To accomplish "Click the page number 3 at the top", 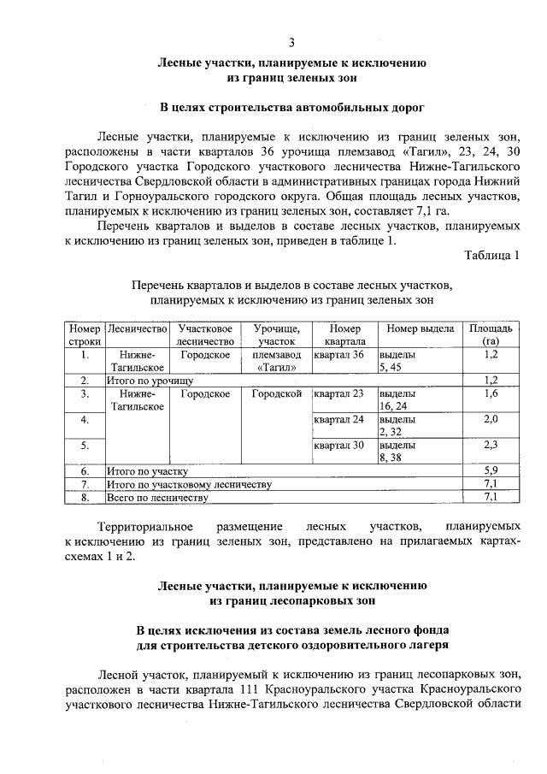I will (291, 43).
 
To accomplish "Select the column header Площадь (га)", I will (491, 334).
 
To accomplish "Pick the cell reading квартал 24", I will (339, 419).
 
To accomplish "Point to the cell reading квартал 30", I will (339, 445).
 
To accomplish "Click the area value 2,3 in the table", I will (491, 445).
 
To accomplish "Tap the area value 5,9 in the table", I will (491, 470).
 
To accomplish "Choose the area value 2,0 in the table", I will (491, 419).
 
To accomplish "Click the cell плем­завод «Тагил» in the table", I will (277, 360).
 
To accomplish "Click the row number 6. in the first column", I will (85, 470).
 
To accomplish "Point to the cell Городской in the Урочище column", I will (277, 393).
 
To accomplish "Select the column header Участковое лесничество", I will (205, 334).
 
